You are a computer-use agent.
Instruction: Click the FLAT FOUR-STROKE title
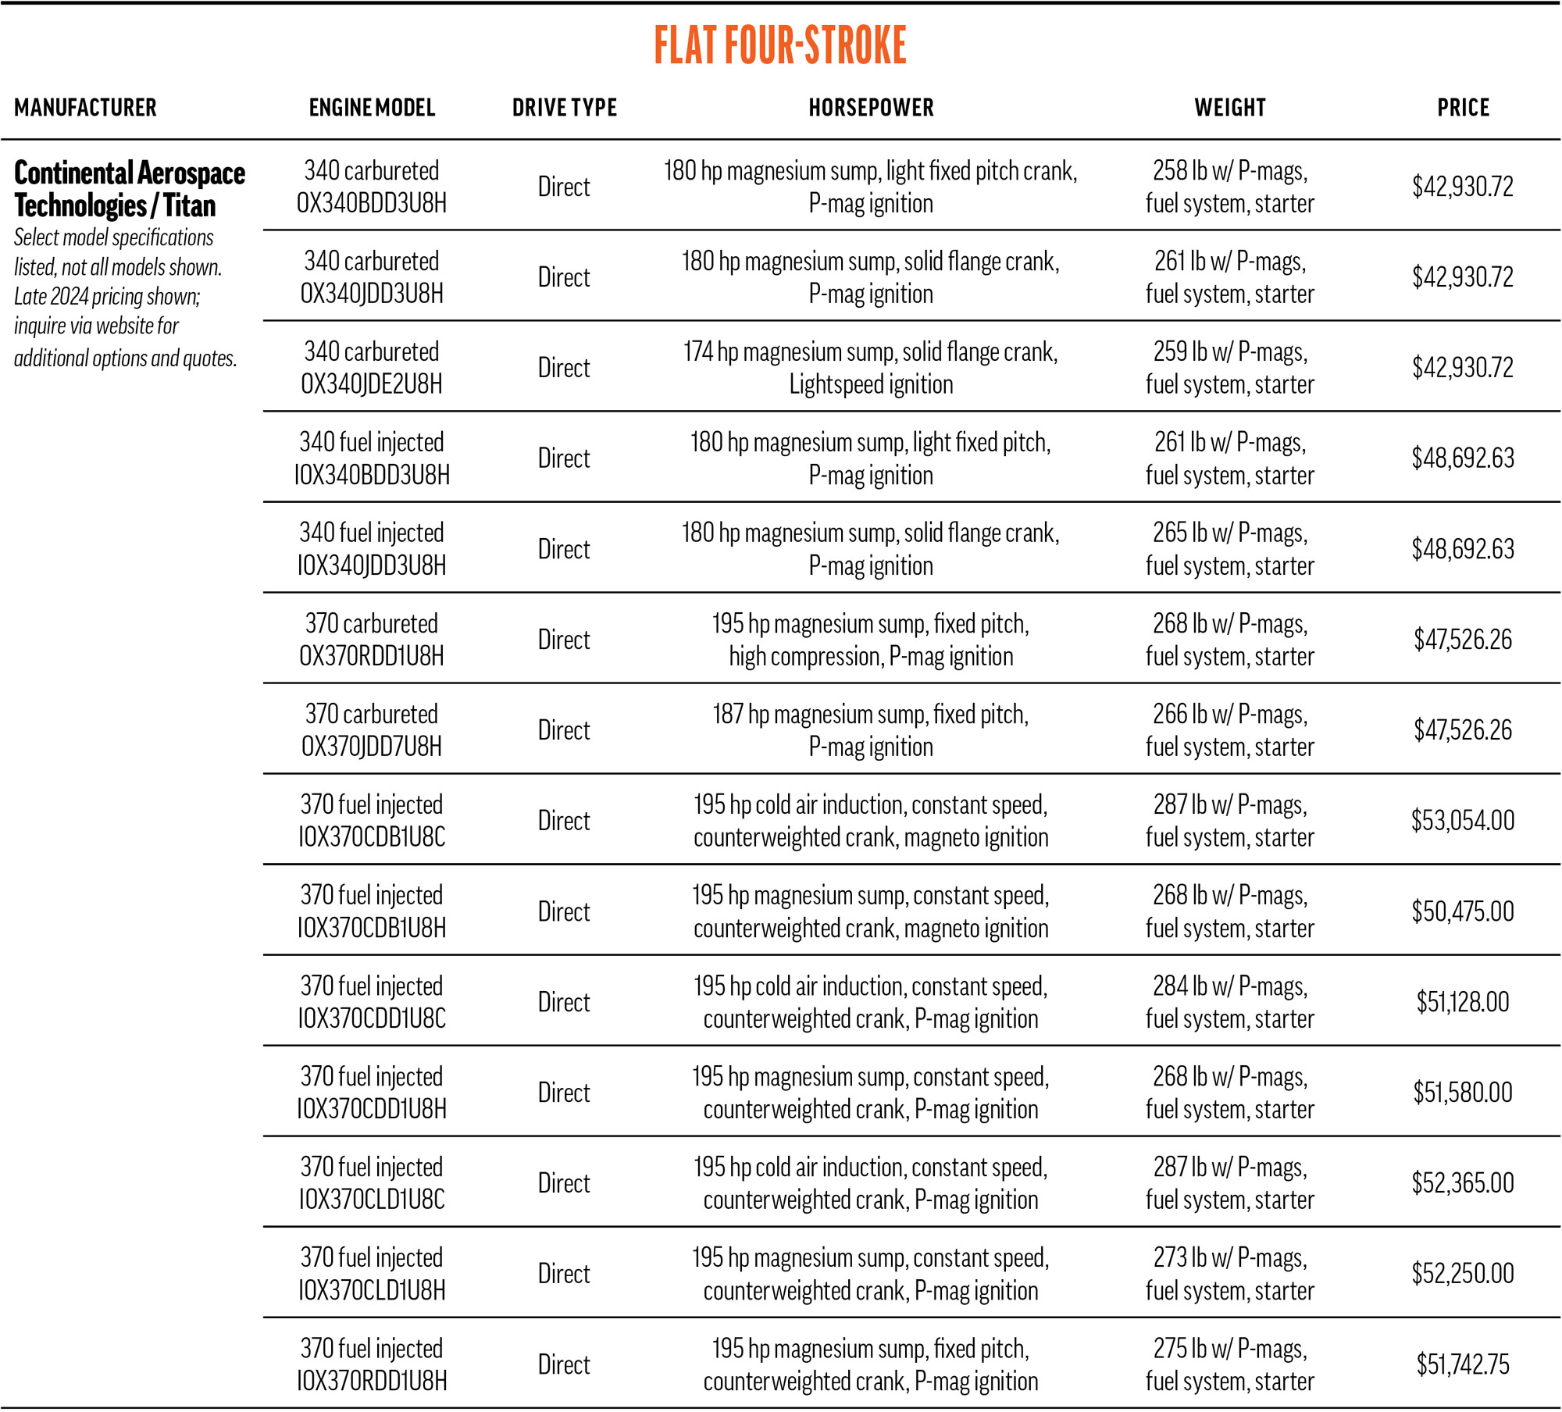tap(780, 45)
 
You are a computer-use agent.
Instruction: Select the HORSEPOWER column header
tap(871, 108)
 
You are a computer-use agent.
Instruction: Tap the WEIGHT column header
tap(1230, 108)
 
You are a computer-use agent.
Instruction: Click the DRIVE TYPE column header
tap(564, 108)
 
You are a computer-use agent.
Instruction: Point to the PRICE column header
tap(1463, 108)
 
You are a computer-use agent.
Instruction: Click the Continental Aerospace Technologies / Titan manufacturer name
tap(130, 189)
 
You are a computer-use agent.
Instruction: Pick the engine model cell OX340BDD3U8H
tap(372, 187)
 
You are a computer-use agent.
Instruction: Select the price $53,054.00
tap(1463, 821)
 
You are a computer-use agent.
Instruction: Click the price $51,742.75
tap(1463, 1364)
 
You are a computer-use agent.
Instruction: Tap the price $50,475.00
tap(1463, 911)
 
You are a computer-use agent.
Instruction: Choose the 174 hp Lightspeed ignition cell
tap(871, 368)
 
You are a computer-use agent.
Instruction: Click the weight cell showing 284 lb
tap(1230, 1002)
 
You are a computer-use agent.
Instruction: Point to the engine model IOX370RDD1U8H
tap(372, 1364)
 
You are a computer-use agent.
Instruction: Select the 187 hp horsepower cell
tap(871, 730)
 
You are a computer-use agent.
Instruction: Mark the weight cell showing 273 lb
tap(1230, 1274)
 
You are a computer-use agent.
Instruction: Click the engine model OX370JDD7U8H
tap(372, 730)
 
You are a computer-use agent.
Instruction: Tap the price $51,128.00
tap(1463, 1002)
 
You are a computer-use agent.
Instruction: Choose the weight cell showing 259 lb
tap(1230, 368)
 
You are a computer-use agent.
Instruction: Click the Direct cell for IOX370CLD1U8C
tap(564, 1183)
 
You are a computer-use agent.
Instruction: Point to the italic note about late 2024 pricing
tap(125, 298)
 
